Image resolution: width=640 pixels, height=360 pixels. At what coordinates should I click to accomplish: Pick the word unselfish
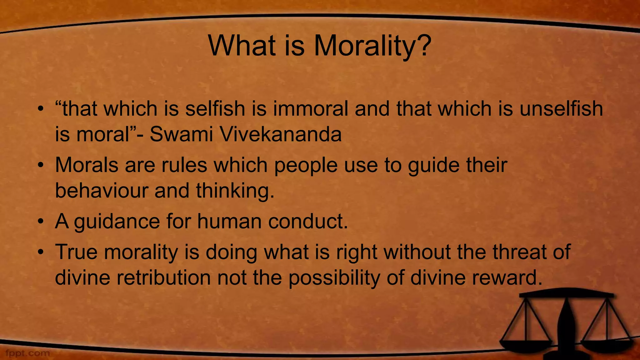pos(561,109)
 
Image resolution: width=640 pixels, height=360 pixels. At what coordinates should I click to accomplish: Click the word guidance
pos(117,221)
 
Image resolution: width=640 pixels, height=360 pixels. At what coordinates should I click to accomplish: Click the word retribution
pos(164,277)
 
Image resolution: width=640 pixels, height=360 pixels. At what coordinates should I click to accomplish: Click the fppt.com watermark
pos(27,353)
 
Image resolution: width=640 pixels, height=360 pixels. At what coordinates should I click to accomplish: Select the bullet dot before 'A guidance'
pos(40,222)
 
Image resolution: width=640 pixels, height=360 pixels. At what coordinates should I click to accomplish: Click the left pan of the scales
pos(526,344)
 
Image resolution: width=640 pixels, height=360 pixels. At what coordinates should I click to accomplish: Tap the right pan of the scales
pos(607,343)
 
